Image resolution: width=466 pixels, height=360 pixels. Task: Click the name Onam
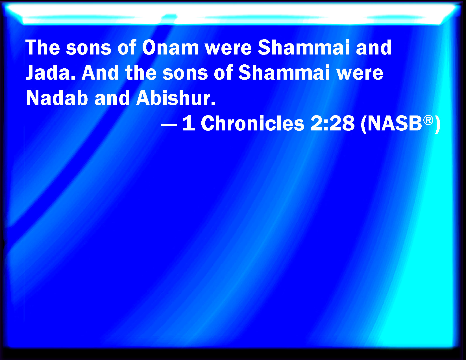(x=170, y=47)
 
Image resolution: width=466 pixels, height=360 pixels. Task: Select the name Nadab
(x=57, y=98)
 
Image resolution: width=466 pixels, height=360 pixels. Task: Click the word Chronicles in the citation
(x=252, y=123)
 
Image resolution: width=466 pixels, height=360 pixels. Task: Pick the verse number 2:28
(x=332, y=123)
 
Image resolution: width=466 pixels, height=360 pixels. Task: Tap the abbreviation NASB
(x=395, y=123)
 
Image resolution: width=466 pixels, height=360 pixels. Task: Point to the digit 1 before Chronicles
(x=189, y=123)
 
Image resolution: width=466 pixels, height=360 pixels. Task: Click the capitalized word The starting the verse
(x=43, y=47)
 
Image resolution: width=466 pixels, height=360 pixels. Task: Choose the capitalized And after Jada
(x=100, y=73)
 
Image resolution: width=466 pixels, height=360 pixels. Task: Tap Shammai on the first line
(x=304, y=47)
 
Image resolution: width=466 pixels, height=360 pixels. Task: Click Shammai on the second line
(x=284, y=73)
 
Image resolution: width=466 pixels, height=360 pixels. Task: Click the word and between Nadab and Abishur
(x=112, y=98)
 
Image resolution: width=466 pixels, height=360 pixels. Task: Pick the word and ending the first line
(x=374, y=47)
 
